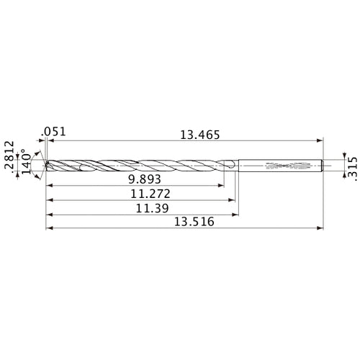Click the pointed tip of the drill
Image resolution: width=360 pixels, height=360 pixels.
45,166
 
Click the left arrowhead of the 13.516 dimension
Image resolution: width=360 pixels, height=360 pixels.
49,229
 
